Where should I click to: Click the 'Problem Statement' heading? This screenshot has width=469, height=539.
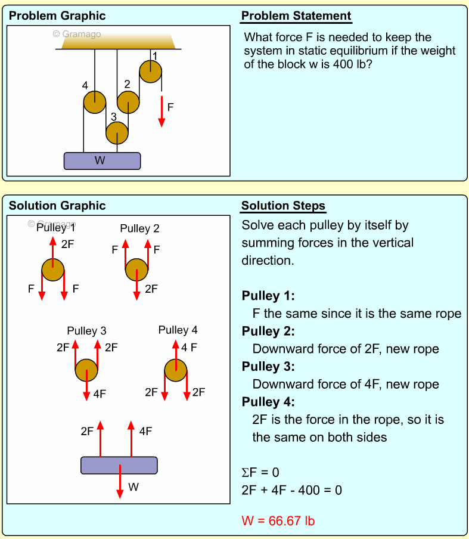[296, 16]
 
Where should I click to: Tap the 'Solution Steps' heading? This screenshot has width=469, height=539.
[283, 206]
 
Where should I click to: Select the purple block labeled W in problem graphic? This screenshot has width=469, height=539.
[102, 161]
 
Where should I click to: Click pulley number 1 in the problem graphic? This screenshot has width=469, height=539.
[150, 72]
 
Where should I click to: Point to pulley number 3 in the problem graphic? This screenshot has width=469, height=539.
[117, 133]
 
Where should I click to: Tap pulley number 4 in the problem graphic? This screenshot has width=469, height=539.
[94, 102]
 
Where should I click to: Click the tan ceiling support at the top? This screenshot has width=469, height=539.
[117, 40]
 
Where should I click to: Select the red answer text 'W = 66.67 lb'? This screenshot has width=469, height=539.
[278, 521]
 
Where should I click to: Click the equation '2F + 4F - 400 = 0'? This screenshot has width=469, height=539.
[291, 490]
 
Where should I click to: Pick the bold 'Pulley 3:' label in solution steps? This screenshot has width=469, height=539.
[268, 366]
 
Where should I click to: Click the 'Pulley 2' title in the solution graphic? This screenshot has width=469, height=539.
[139, 228]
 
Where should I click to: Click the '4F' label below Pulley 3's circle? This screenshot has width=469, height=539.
[100, 394]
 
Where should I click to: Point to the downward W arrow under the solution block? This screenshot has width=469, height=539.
[120, 481]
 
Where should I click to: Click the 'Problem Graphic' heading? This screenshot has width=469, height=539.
[57, 16]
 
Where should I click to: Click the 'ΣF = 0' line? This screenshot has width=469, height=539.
[260, 473]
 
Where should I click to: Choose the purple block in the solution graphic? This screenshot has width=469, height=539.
[119, 465]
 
